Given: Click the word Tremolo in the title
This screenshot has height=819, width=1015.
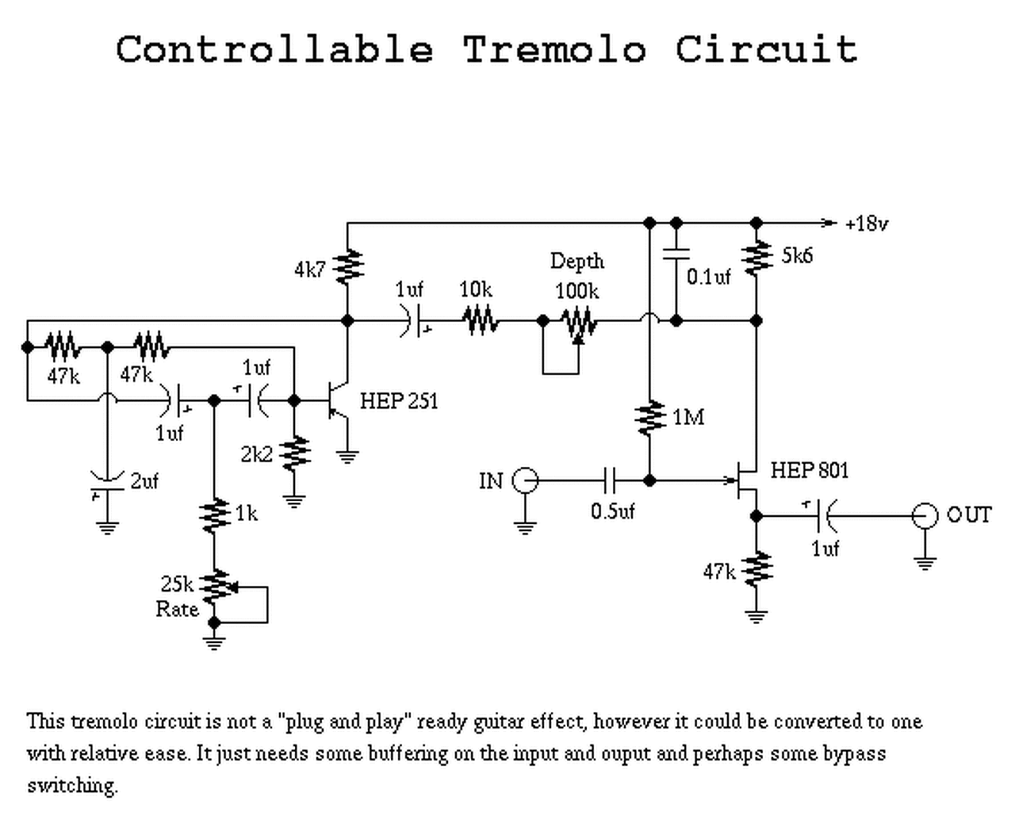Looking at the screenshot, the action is coord(554,49).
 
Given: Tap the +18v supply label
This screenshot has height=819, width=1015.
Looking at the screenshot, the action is coord(867,224).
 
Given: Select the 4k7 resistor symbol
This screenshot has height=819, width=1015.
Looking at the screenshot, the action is coord(347,266).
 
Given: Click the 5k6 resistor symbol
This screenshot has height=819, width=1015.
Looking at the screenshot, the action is coord(756,258).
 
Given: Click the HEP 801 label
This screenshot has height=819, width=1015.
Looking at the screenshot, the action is coord(810,470).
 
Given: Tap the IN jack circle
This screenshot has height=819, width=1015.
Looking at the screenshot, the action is coord(525,480).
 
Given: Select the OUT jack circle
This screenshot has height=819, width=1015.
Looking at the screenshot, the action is coord(925,515).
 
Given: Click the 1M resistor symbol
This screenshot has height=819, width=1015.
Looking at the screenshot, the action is coord(649,418).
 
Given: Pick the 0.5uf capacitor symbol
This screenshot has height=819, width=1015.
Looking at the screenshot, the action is coord(610,480).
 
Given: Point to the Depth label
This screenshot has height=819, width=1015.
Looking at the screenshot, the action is coord(577,261).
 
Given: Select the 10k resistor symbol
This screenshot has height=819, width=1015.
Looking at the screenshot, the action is coord(480,320).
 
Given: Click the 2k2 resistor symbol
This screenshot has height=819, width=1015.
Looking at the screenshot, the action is coord(294,453).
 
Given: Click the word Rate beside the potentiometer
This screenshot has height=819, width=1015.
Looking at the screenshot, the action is coord(177,610).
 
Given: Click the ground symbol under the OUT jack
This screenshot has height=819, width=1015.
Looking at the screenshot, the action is coord(925,564).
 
